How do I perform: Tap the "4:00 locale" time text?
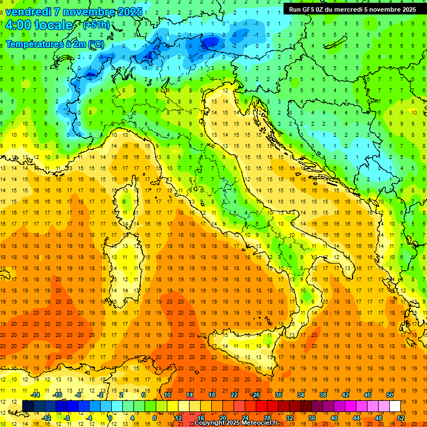39,25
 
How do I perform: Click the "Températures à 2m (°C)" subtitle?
54,44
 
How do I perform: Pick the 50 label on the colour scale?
390,395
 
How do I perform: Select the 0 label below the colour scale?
110,418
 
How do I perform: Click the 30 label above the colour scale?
279,395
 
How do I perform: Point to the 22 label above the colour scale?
234,395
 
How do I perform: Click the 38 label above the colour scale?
323,395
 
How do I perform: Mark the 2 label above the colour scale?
121,395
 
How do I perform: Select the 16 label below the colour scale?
201,418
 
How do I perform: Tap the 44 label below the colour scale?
356,418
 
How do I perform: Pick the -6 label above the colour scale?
78,395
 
